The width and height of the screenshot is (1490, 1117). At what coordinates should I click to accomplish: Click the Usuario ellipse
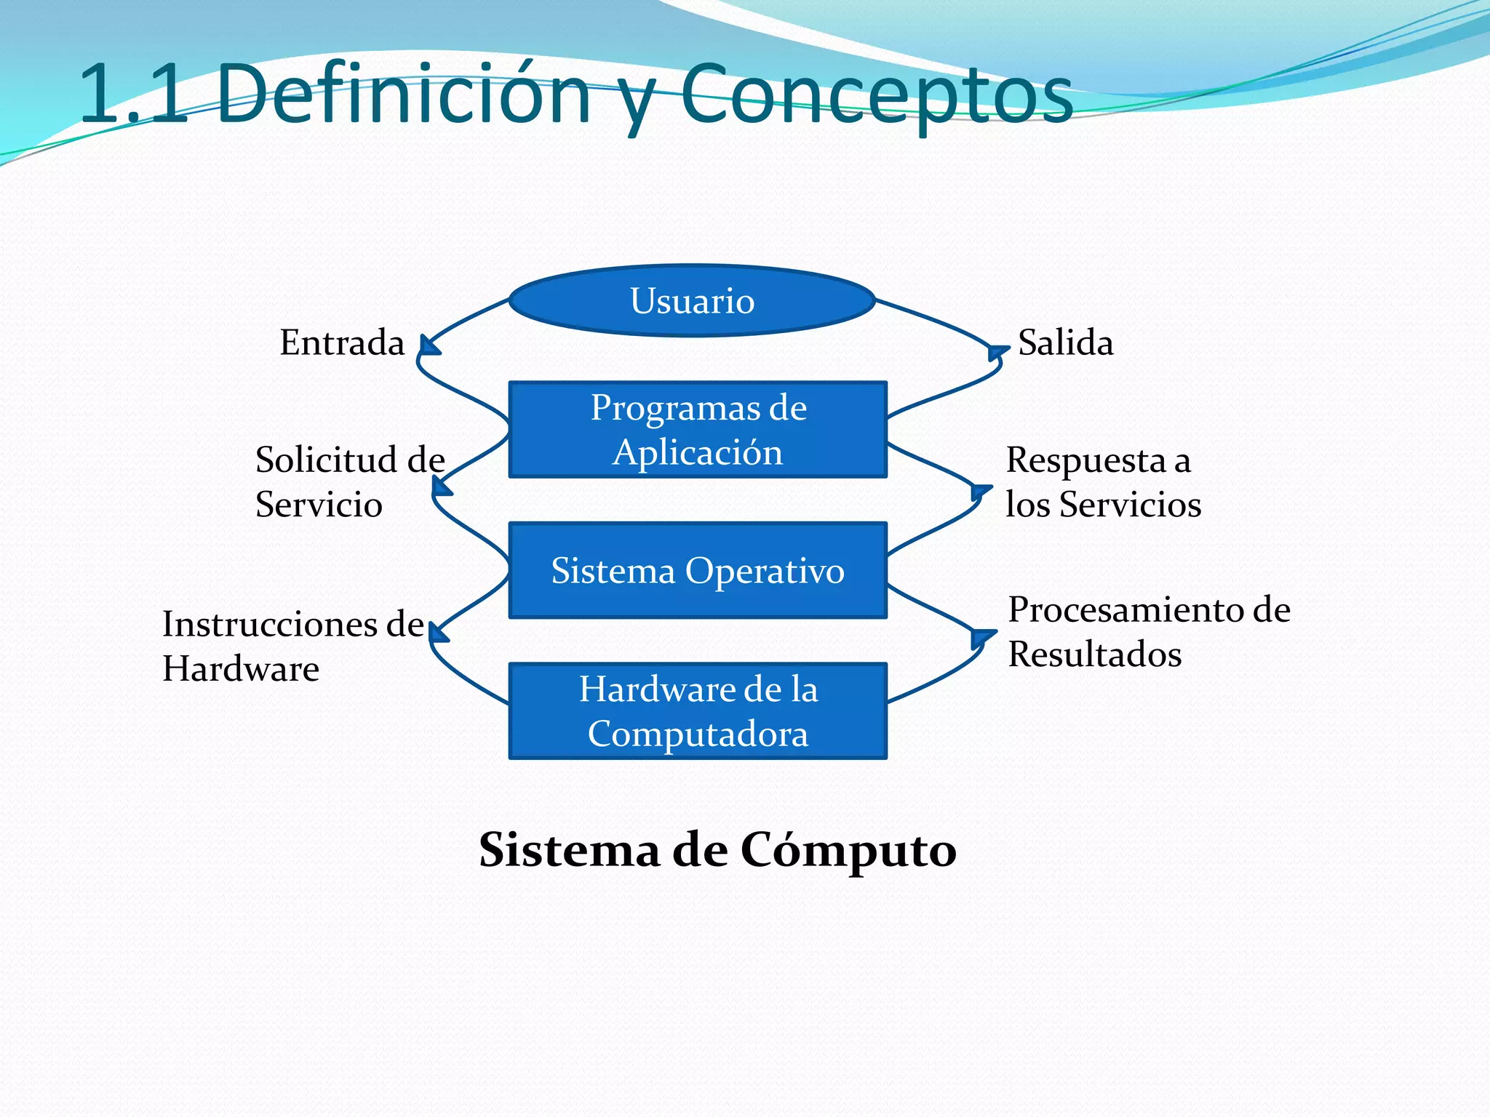pos(692,300)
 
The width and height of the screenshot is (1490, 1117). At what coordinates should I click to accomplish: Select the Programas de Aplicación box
pos(698,429)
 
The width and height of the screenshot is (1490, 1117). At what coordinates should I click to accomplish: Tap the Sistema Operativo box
pos(698,570)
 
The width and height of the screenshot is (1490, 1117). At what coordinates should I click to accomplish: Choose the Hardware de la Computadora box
pos(698,710)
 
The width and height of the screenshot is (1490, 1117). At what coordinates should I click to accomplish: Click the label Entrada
pos(342,342)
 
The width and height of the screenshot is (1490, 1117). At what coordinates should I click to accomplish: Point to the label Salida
pos(1065,342)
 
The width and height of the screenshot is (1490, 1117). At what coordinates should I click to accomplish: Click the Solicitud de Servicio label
pos(349,481)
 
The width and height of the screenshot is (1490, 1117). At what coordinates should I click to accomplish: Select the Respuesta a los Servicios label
pos(1102,481)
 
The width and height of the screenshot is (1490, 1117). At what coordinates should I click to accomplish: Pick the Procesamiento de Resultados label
pos(1148,631)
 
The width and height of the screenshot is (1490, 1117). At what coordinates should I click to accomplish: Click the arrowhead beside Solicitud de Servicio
pos(441,487)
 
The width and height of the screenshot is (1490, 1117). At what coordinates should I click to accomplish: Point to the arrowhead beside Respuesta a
pos(981,492)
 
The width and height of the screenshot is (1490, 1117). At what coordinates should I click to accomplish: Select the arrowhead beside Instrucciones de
pos(438,633)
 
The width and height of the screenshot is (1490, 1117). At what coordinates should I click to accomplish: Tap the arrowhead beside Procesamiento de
pos(982,638)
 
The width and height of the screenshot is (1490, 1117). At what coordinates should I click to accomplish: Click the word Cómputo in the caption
pos(848,849)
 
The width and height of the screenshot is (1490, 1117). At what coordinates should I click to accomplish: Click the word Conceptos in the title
pos(877,95)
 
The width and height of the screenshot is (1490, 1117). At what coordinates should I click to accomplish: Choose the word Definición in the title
pos(404,95)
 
